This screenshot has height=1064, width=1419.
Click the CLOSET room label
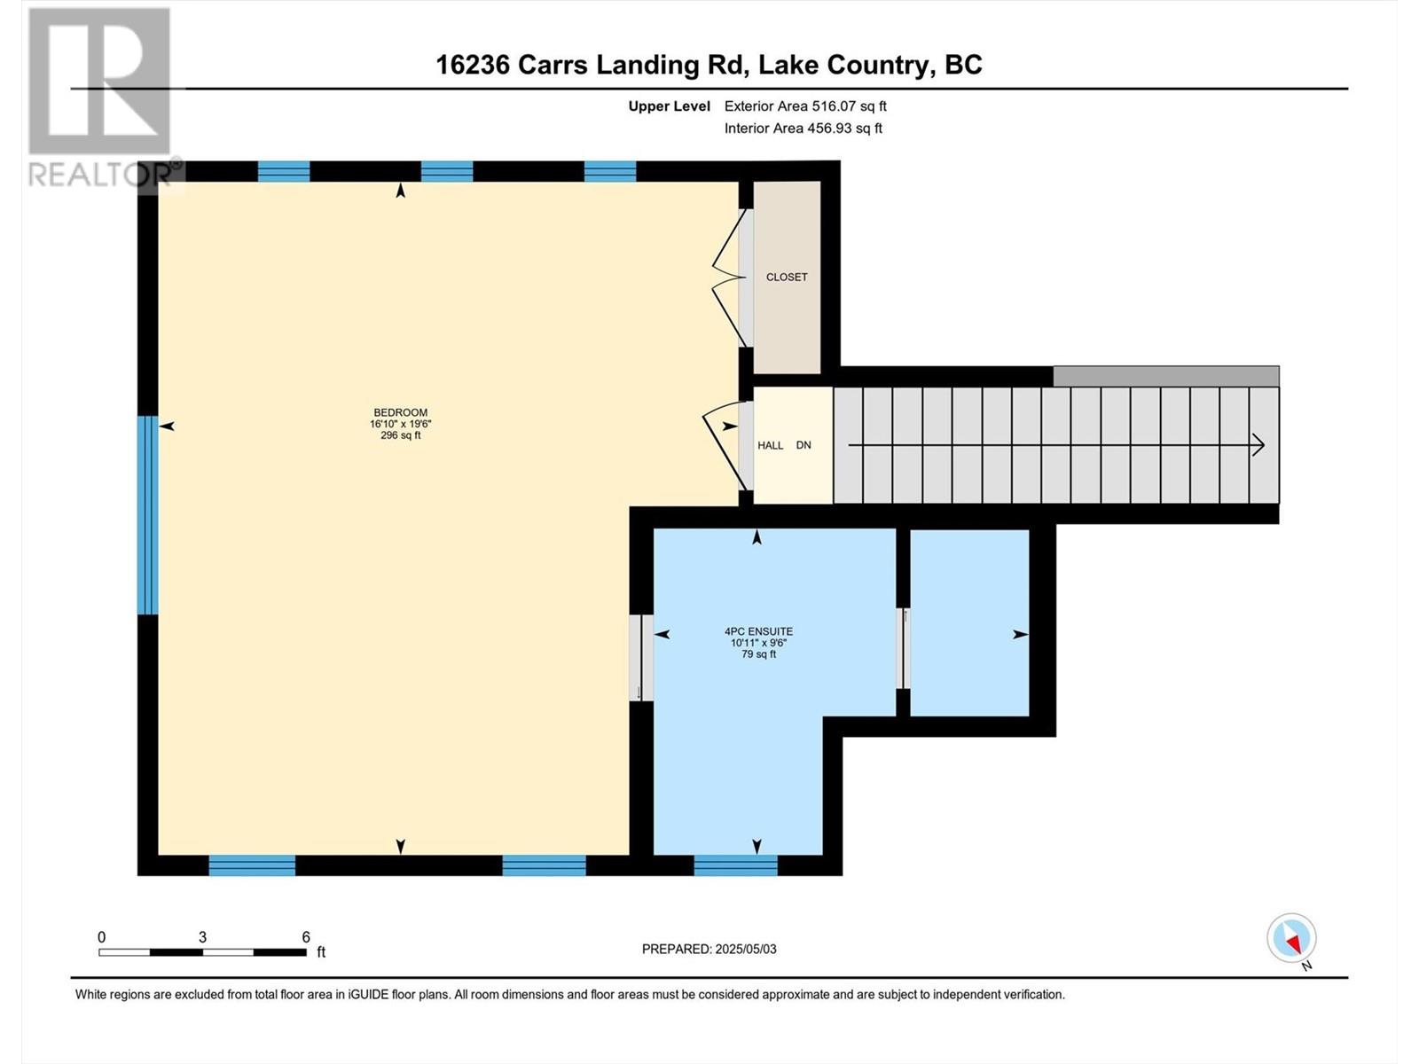pyautogui.click(x=787, y=278)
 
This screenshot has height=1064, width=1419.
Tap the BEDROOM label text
pyautogui.click(x=400, y=412)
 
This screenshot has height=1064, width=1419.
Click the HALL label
pyautogui.click(x=770, y=445)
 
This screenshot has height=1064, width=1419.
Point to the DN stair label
pyautogui.click(x=804, y=445)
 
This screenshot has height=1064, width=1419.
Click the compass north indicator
pyautogui.click(x=1292, y=939)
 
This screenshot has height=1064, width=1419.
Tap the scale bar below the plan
pyautogui.click(x=202, y=951)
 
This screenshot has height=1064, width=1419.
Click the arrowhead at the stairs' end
pyautogui.click(x=1258, y=445)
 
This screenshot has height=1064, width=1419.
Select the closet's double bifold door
pyautogui.click(x=729, y=278)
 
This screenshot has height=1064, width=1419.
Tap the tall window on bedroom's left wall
pyautogui.click(x=148, y=515)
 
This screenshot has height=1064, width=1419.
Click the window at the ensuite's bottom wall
pyautogui.click(x=735, y=864)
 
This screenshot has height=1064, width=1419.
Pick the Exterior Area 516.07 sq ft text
pyautogui.click(x=805, y=106)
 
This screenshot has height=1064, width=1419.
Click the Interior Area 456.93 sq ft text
pyautogui.click(x=803, y=129)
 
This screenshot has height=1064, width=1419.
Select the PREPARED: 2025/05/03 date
pyautogui.click(x=709, y=949)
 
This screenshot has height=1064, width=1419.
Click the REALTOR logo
pyautogui.click(x=99, y=98)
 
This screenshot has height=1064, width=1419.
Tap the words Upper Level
pyautogui.click(x=669, y=106)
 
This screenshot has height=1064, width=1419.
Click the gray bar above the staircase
pyautogui.click(x=1165, y=376)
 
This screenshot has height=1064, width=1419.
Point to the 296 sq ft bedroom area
pyautogui.click(x=400, y=435)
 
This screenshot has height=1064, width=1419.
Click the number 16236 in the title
pyautogui.click(x=472, y=65)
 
